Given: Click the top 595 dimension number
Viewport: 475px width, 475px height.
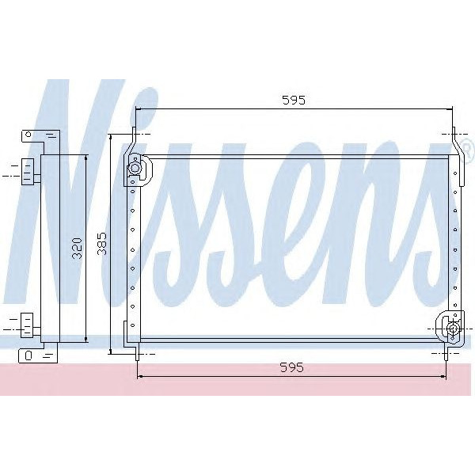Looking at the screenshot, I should pos(293,100).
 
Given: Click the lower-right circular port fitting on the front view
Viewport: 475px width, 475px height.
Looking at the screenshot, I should pos(452,329).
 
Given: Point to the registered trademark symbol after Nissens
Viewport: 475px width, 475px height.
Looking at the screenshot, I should pos(466,148).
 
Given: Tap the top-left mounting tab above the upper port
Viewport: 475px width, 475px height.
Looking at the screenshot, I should pos(135,139).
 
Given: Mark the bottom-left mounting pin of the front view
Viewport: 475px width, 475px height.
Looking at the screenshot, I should pos(138,354).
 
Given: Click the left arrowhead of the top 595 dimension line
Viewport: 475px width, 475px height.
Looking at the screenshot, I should pos(139,109).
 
